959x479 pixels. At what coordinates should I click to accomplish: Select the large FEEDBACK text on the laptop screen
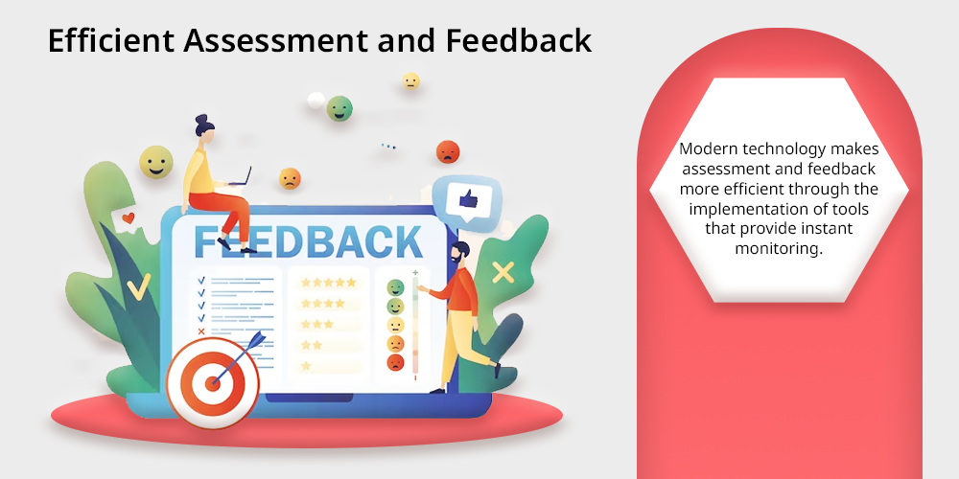tap(308, 242)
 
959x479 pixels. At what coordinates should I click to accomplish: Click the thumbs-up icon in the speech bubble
tap(468, 198)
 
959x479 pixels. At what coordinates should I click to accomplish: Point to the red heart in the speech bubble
tap(128, 217)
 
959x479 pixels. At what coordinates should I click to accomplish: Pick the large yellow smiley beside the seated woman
tap(156, 162)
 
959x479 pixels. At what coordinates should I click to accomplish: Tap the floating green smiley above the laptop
tap(339, 109)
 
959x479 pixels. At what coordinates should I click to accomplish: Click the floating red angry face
tap(448, 151)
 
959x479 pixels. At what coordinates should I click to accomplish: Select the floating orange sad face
tap(290, 178)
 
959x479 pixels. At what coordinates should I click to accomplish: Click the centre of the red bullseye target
tap(213, 384)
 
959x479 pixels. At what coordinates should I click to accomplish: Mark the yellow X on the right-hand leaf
tap(503, 272)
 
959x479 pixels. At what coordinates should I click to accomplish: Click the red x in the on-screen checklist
tap(201, 331)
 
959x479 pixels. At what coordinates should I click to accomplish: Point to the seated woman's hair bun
tap(201, 118)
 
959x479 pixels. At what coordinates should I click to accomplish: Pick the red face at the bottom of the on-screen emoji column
tap(396, 363)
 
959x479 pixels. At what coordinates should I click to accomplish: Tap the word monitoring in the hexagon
tap(779, 249)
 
